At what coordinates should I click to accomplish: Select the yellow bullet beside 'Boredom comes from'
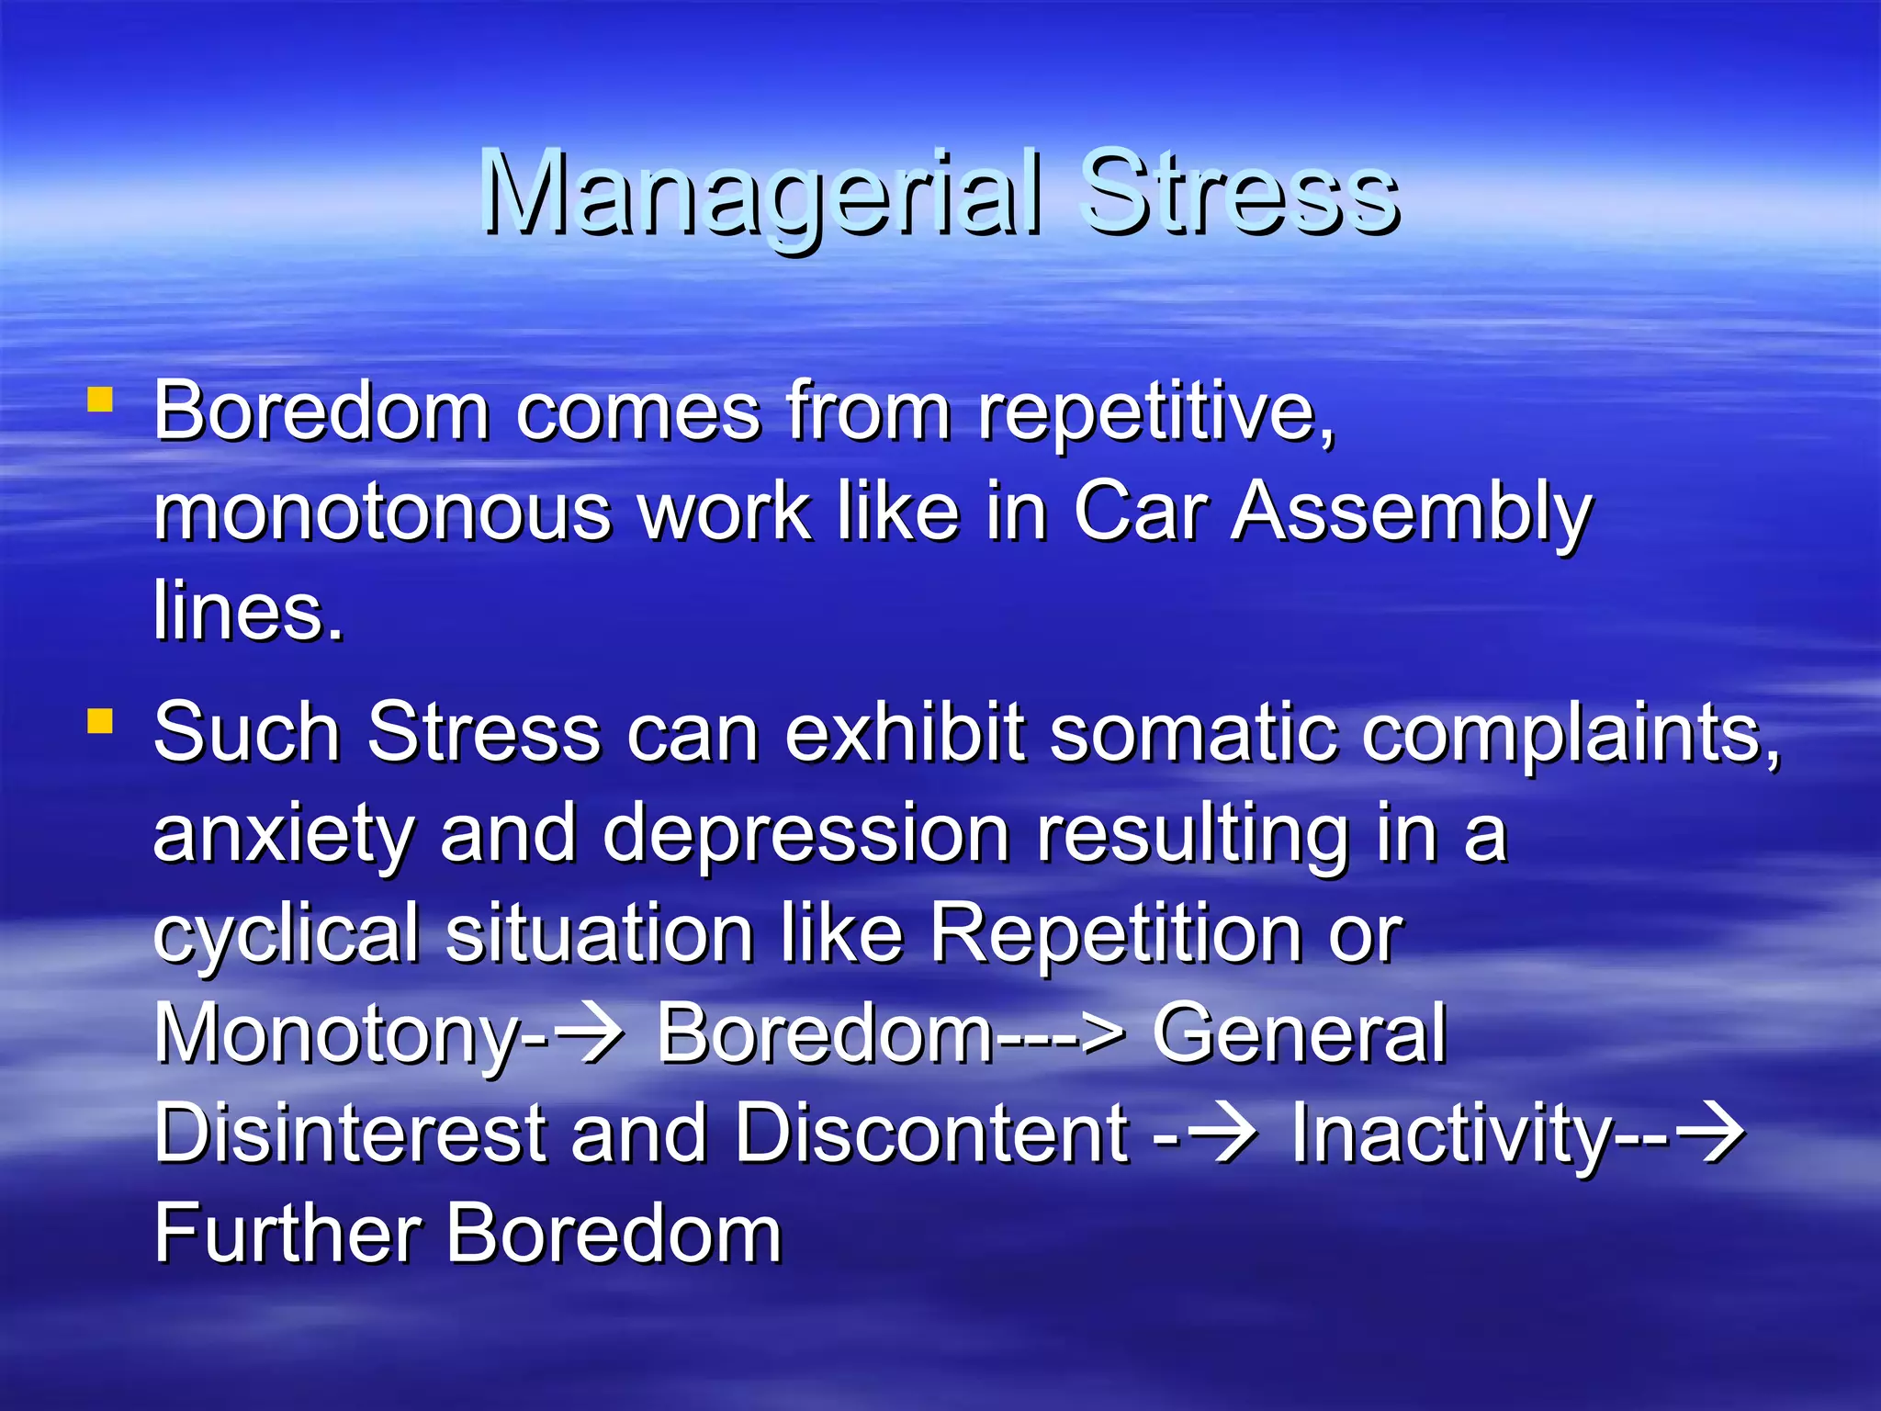(x=100, y=401)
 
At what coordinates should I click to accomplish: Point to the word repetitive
(x=1155, y=413)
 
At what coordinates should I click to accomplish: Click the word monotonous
(x=382, y=513)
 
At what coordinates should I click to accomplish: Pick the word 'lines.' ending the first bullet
(x=248, y=612)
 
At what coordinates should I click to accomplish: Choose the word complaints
(x=1571, y=735)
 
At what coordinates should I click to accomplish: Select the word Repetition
(x=1115, y=933)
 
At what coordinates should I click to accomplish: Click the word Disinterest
(x=349, y=1134)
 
